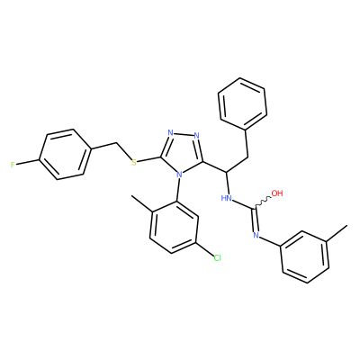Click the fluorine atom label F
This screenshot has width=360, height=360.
(x=13, y=165)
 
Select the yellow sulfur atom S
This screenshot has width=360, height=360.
(x=134, y=163)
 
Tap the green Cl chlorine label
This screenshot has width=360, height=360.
(x=217, y=257)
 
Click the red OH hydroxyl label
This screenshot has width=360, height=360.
(x=277, y=193)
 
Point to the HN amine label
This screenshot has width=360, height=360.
(x=227, y=198)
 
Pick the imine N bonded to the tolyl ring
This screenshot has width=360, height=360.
(x=256, y=235)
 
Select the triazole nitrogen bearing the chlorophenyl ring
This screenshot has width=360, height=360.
(x=179, y=174)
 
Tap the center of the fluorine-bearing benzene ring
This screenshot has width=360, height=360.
(x=65, y=155)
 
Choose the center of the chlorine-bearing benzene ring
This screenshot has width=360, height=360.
(x=175, y=227)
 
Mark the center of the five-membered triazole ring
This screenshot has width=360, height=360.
(x=184, y=152)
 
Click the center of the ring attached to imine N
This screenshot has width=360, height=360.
(x=305, y=256)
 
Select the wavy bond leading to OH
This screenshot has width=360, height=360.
(x=264, y=202)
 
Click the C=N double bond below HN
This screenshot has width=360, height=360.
(x=256, y=219)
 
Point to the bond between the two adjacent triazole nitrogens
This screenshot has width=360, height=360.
(x=184, y=134)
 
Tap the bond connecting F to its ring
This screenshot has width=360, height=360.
(x=28, y=162)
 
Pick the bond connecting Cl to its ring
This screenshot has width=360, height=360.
(x=205, y=248)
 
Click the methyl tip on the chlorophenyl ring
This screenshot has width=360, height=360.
(x=131, y=196)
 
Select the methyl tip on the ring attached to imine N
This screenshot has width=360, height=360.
(x=347, y=225)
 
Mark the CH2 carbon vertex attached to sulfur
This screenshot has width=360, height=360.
(x=116, y=143)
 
